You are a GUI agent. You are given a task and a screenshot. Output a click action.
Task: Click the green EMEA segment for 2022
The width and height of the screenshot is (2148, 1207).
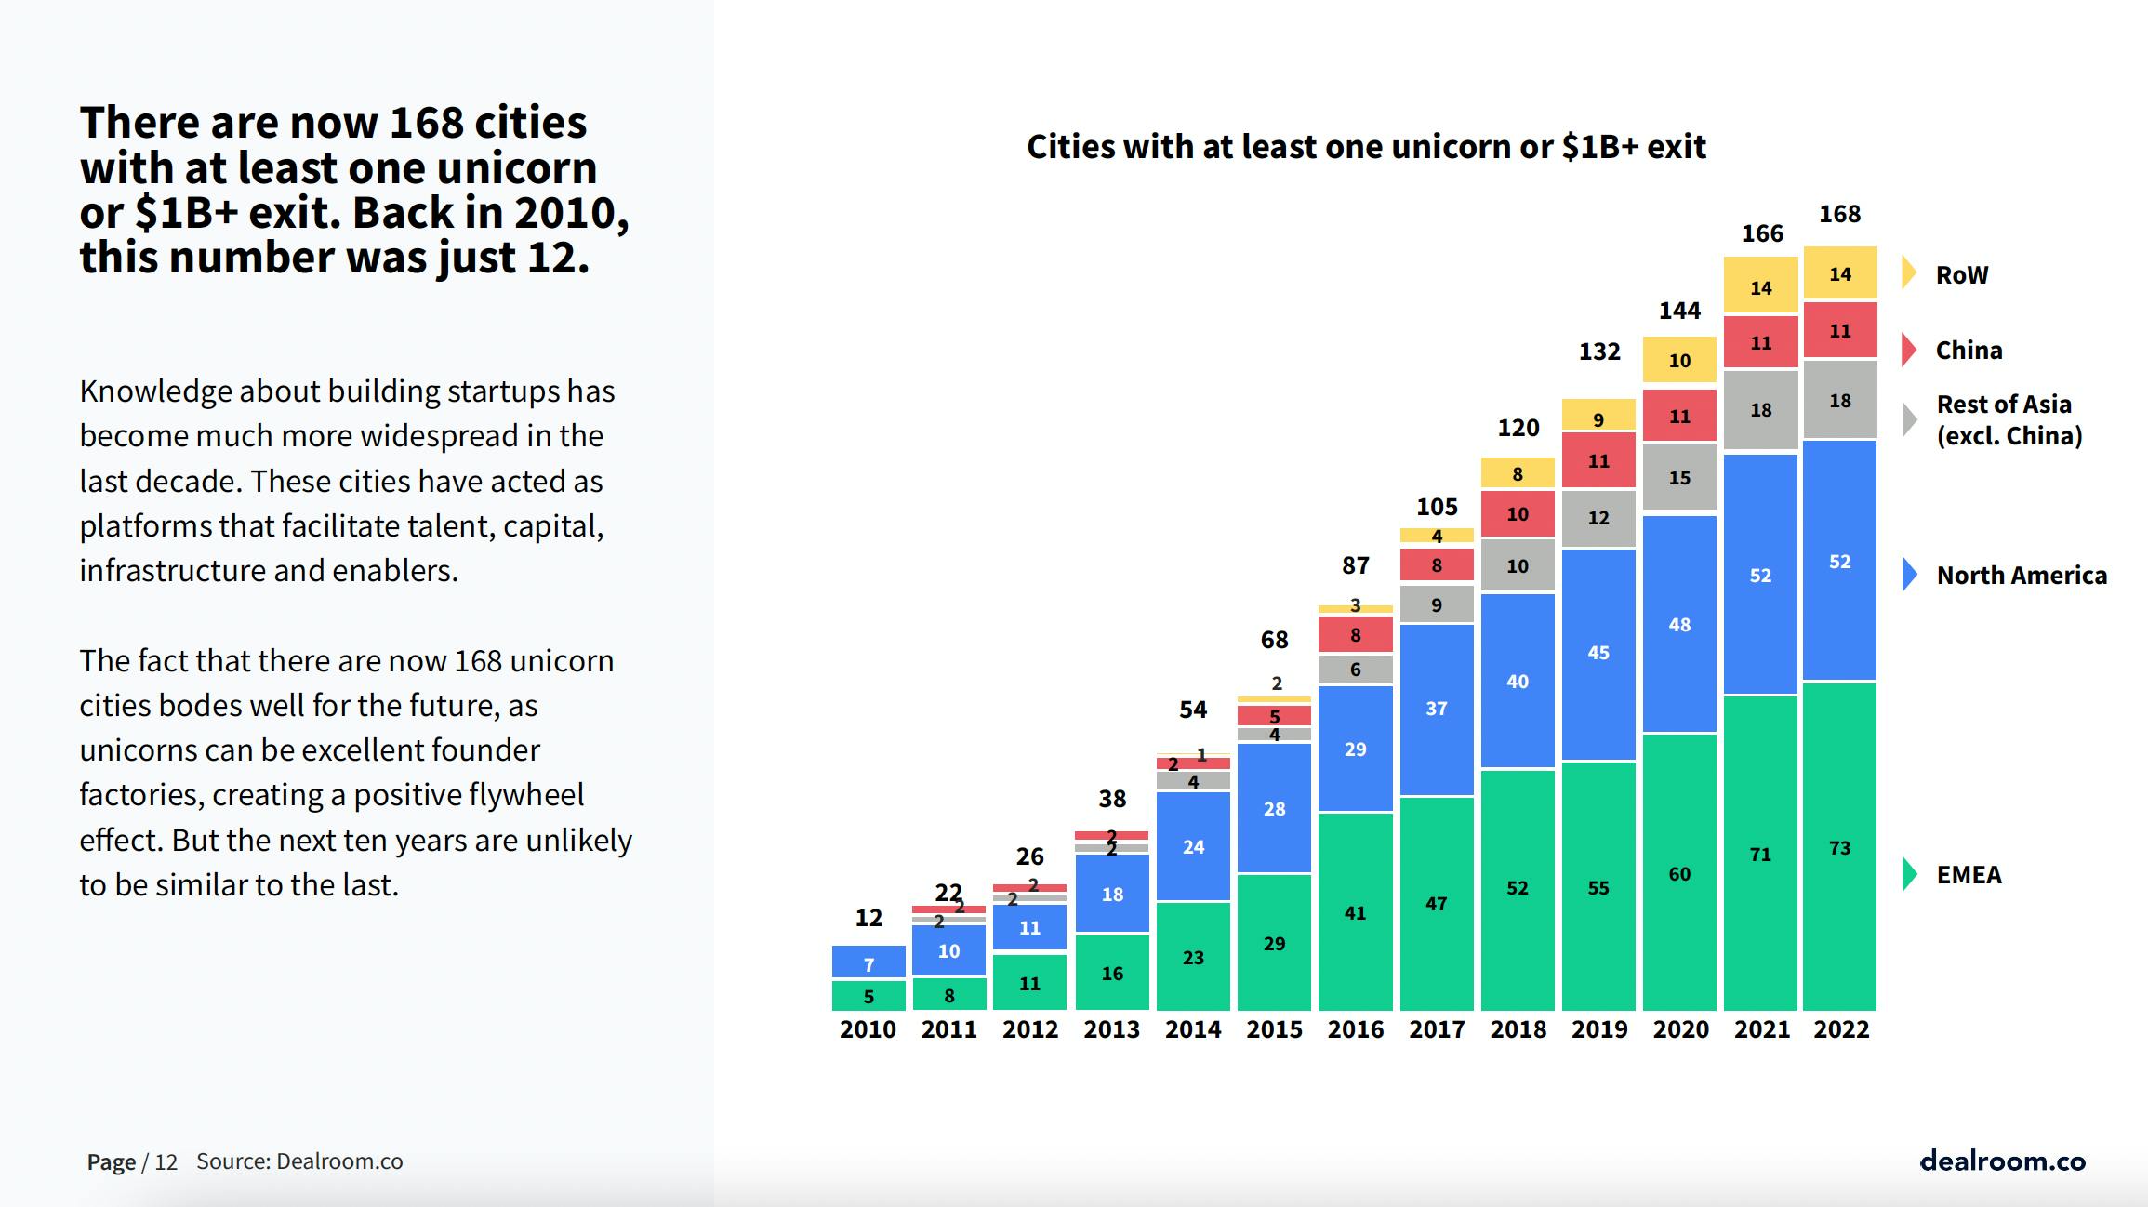pyautogui.click(x=1839, y=846)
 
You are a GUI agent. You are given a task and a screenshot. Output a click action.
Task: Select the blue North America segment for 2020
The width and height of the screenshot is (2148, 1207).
pyautogui.click(x=1679, y=624)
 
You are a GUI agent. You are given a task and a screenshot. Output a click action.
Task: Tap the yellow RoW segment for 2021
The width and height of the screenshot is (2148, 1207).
pyautogui.click(x=1760, y=286)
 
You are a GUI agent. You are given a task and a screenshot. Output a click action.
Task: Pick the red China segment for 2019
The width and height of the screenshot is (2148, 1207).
pyautogui.click(x=1598, y=460)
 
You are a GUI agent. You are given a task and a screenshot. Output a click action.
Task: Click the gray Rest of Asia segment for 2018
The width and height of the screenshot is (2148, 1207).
pyautogui.click(x=1518, y=565)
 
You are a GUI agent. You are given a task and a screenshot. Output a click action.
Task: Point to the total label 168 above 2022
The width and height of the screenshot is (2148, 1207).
pyautogui.click(x=1839, y=214)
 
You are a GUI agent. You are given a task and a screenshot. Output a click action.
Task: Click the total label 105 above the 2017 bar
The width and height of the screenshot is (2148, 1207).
pyautogui.click(x=1437, y=507)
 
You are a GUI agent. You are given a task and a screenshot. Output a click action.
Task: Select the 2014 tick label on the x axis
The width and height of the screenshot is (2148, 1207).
pyautogui.click(x=1193, y=1029)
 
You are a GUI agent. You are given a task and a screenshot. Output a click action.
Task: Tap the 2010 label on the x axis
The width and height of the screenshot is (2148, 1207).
pyautogui.click(x=868, y=1029)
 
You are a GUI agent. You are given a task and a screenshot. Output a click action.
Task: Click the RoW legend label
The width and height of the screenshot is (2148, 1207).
pyautogui.click(x=1961, y=275)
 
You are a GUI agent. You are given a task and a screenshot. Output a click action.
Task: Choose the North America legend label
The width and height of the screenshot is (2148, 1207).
pyautogui.click(x=2022, y=576)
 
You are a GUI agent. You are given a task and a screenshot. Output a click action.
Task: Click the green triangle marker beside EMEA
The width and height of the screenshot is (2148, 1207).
pyautogui.click(x=1910, y=874)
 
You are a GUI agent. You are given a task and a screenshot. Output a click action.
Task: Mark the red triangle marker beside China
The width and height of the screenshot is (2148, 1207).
pyautogui.click(x=1909, y=350)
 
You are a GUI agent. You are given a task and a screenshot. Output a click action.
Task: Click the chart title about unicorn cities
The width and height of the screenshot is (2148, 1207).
pyautogui.click(x=1366, y=147)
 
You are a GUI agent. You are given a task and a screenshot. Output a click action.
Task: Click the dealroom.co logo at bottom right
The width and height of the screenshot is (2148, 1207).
pyautogui.click(x=2002, y=1161)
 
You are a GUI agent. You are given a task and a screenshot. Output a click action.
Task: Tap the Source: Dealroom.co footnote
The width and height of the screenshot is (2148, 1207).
pyautogui.click(x=299, y=1161)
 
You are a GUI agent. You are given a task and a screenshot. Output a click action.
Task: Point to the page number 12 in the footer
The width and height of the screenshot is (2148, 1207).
pyautogui.click(x=166, y=1162)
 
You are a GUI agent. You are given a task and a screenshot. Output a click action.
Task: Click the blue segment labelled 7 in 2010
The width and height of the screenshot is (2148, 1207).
pyautogui.click(x=868, y=963)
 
